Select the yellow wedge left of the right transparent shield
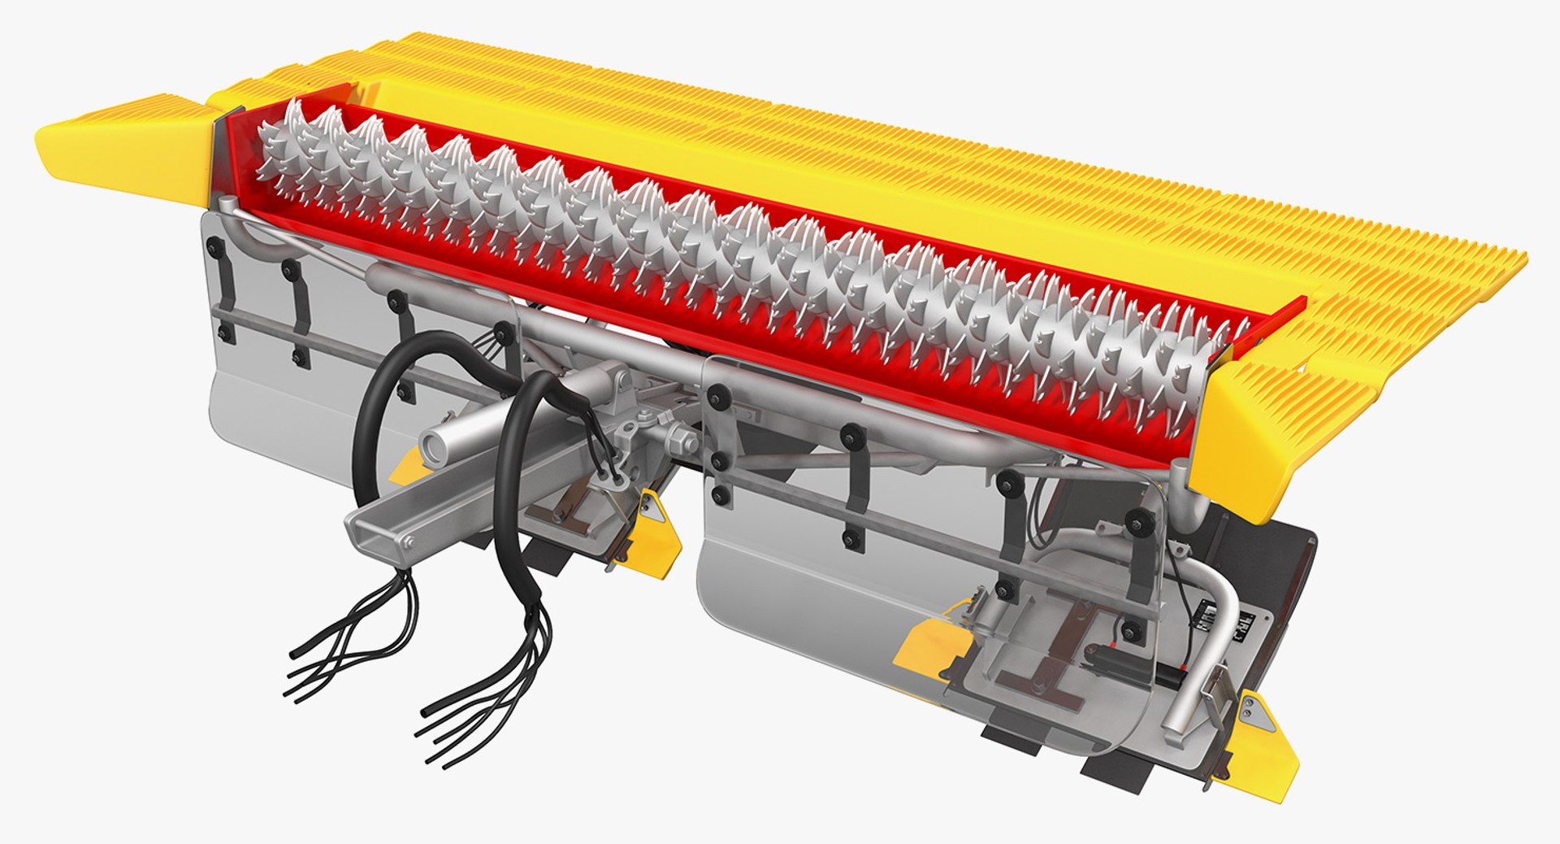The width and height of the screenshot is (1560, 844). [x=930, y=642]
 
